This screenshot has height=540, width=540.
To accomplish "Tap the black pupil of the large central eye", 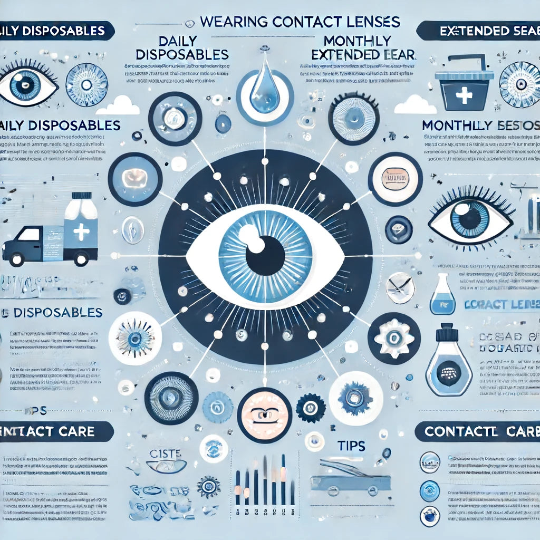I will tap(265, 255).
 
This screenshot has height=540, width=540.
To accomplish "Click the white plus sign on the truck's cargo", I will tap(81, 232).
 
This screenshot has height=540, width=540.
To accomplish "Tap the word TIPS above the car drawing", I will tap(350, 446).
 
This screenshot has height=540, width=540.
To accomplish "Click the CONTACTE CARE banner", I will tap(477, 431).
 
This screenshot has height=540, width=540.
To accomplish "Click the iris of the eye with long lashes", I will tap(470, 219).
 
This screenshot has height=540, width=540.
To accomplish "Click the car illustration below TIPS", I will tap(350, 480).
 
